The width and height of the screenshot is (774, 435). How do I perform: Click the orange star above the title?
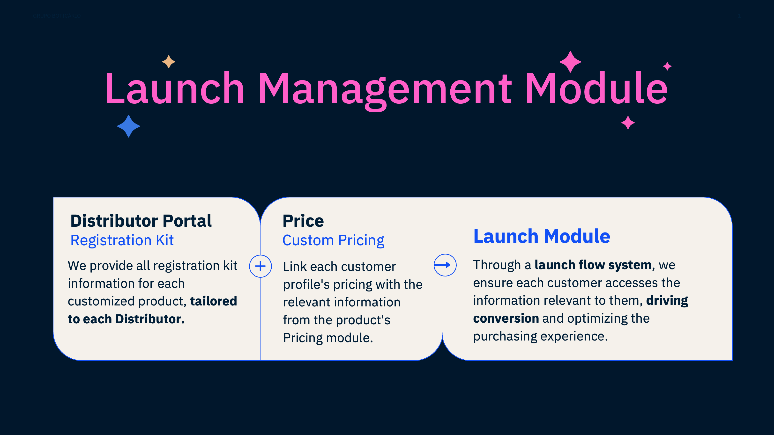[169, 62]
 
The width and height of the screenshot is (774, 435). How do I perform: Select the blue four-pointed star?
[129, 126]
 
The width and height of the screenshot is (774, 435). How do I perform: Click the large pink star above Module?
[570, 62]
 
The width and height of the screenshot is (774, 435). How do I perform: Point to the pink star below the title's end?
[628, 123]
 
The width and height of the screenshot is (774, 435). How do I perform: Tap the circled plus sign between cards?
[260, 266]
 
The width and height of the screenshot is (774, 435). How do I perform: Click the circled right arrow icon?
[445, 265]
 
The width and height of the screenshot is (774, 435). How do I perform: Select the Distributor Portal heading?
[141, 221]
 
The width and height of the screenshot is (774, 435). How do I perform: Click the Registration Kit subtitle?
[122, 240]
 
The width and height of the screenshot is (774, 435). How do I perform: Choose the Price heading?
[303, 221]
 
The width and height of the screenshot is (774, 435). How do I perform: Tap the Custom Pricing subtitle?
[333, 240]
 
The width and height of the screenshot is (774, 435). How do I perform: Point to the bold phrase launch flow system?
[593, 265]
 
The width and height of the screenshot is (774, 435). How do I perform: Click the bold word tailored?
[214, 301]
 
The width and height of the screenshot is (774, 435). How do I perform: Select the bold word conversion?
[506, 318]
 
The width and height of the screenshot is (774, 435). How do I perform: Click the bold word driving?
[667, 300]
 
